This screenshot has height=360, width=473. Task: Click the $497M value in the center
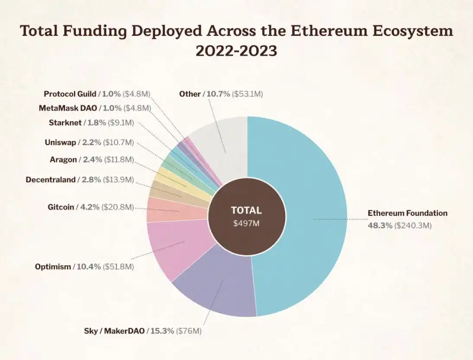pos(247,223)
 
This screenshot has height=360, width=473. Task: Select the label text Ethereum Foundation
pos(407,213)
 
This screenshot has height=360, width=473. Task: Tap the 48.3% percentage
pos(380,225)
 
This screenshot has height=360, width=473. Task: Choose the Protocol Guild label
pos(70,94)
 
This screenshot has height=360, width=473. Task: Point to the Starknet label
pos(65,122)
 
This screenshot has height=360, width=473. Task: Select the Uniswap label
pos(61,142)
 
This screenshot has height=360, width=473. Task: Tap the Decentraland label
pos(51,179)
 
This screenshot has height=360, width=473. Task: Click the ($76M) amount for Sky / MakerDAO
pos(189,331)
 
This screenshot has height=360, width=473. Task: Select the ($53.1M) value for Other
pos(248,94)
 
